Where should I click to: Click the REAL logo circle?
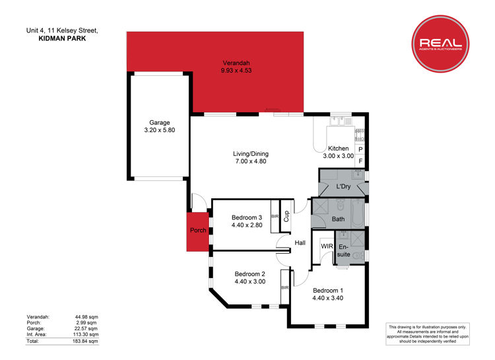[440, 44]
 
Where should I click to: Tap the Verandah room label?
[236, 63]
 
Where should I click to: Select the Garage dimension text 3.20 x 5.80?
[160, 130]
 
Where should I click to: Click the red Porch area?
[198, 232]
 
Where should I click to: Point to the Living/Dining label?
[251, 154]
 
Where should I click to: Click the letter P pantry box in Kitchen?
[360, 149]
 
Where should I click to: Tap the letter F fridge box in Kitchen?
[360, 161]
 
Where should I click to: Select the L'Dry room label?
[343, 186]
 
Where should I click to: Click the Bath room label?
[338, 219]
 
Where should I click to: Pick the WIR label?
[327, 246]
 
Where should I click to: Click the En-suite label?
[343, 250]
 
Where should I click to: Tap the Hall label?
[300, 242]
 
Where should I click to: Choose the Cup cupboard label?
[286, 216]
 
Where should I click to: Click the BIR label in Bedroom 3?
[275, 216]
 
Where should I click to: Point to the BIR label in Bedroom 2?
[284, 287]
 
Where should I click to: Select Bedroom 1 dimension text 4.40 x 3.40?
[327, 298]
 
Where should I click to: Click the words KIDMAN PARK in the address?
[62, 38]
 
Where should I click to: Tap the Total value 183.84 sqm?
[85, 342]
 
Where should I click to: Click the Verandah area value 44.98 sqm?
[86, 316]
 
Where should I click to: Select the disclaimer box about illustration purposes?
[428, 334]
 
